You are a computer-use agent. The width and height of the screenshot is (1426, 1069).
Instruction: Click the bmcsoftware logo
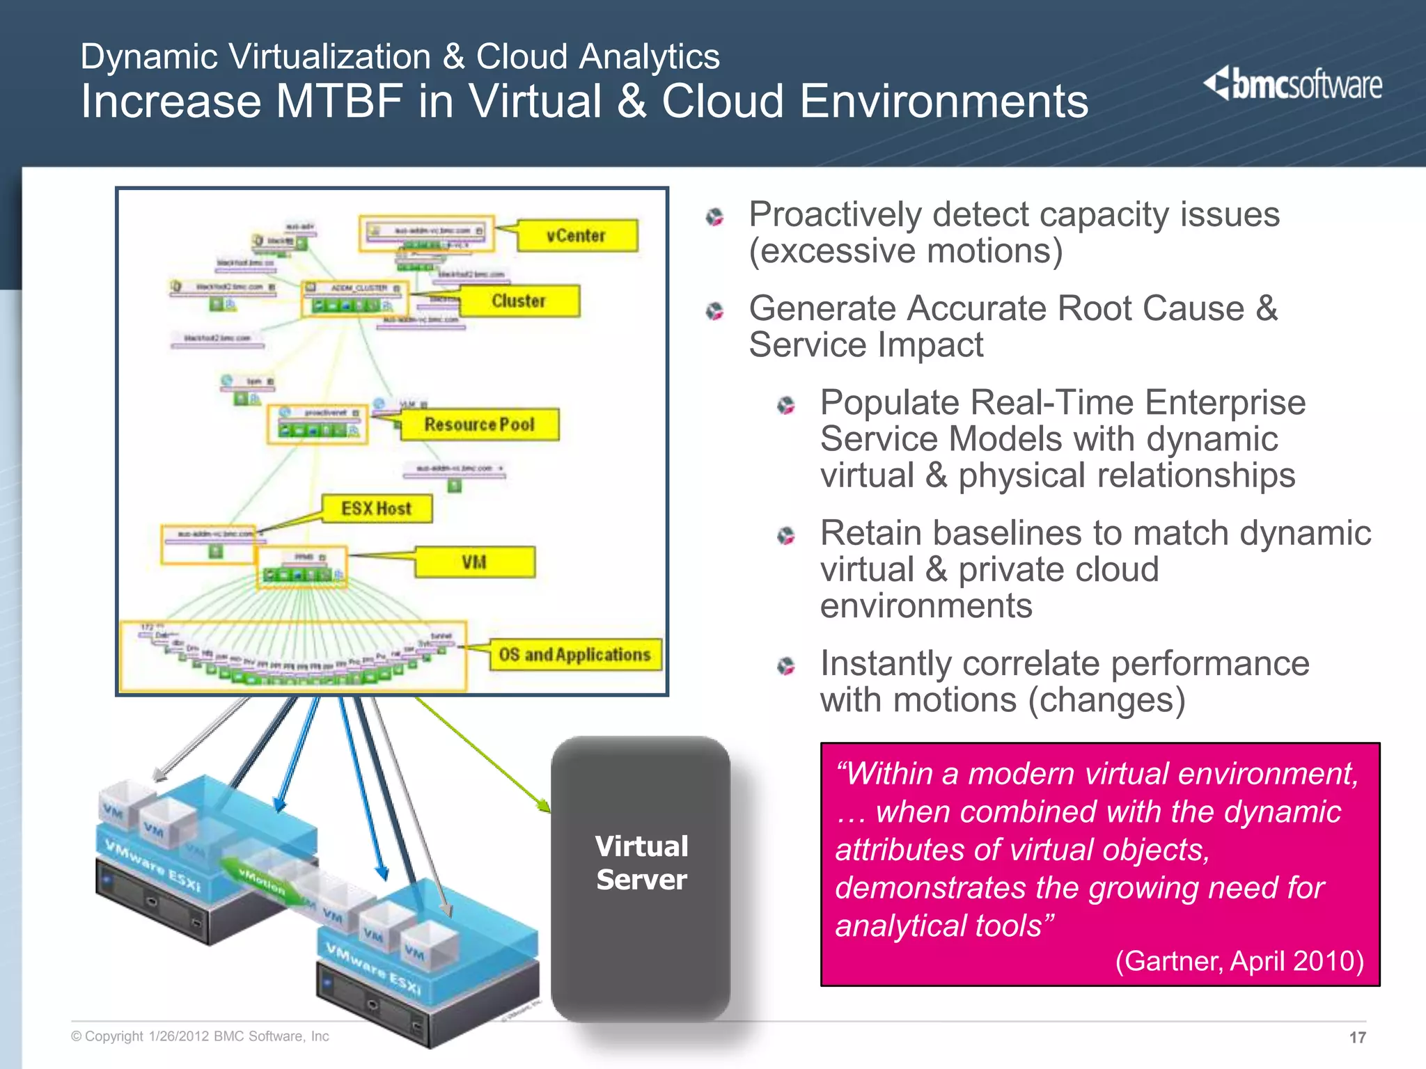[1293, 85]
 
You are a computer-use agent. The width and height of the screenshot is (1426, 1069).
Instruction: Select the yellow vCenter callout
[577, 236]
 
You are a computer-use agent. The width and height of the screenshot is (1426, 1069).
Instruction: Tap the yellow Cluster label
[519, 301]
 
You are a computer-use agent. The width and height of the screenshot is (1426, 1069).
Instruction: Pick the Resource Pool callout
[480, 425]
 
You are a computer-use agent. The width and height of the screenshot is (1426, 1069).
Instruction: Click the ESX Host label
[377, 509]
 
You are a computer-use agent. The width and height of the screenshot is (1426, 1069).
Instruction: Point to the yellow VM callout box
[475, 562]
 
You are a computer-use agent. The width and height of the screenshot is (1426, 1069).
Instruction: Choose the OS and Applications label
[575, 655]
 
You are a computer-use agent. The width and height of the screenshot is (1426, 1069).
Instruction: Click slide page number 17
[1357, 1038]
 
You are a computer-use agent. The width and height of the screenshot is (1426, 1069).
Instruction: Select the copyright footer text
[200, 1036]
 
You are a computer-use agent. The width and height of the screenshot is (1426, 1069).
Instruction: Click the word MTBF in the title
[339, 102]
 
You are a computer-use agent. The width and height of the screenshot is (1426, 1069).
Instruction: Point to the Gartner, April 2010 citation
[1239, 961]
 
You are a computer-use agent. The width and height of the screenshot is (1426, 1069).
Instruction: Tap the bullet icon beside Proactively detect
[714, 217]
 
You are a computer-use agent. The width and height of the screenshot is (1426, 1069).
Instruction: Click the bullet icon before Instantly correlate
[786, 667]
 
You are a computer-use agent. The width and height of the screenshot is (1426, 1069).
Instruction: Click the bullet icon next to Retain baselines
[786, 536]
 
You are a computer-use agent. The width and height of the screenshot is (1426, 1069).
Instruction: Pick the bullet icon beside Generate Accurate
[714, 311]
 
